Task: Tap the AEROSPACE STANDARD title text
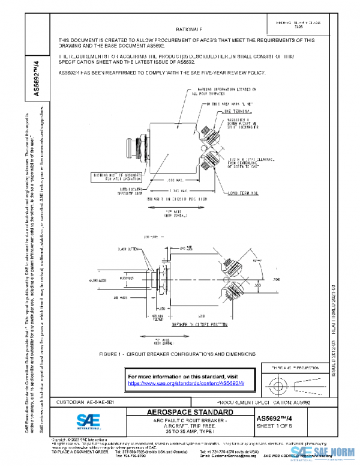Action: pyautogui.click(x=190, y=413)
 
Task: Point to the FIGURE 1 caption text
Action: pyautogui.click(x=185, y=354)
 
